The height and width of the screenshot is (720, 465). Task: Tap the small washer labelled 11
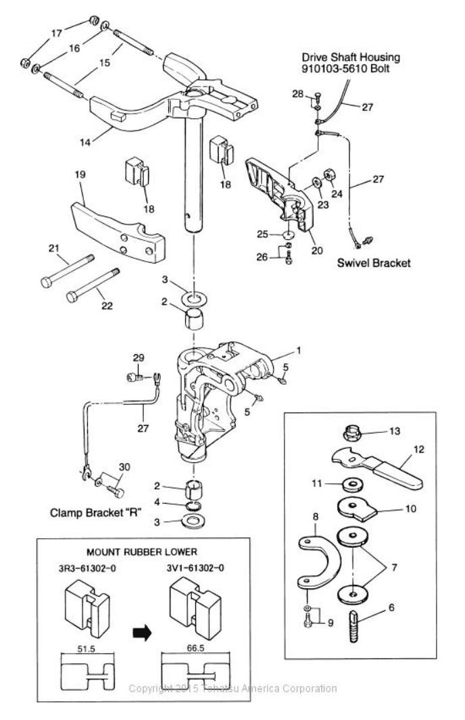click(x=350, y=484)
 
